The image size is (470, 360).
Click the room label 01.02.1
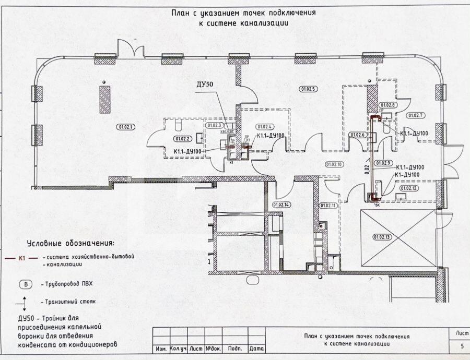pos(126,126)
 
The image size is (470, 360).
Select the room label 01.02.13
pos(382,237)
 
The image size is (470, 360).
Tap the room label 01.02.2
pos(182,138)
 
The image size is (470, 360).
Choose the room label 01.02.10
pos(334,164)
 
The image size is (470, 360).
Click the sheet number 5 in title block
pos(462,346)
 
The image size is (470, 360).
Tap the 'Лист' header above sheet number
pos(462,332)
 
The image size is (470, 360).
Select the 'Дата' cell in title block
pos(256,348)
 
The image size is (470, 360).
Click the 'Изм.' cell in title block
pos(160,348)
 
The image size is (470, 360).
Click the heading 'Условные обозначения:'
pos(70,243)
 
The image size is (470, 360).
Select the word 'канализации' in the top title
pos(265,23)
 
